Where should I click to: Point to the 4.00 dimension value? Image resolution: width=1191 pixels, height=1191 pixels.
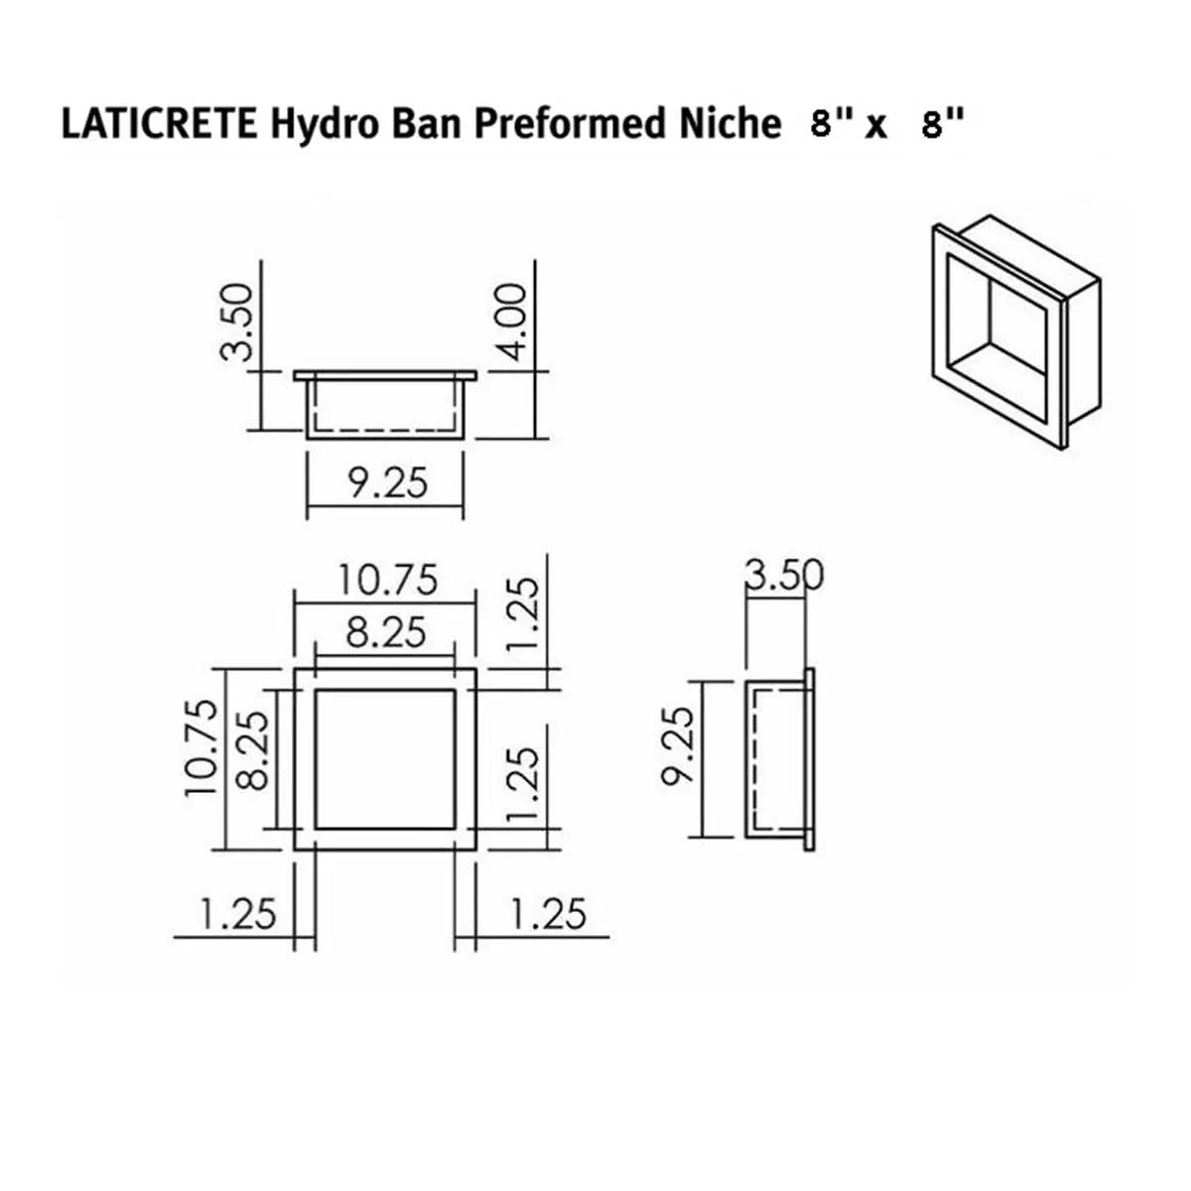[x=512, y=323]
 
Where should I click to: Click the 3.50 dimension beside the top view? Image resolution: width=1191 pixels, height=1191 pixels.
[x=238, y=323]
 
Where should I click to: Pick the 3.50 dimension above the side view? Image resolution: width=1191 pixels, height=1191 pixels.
[x=784, y=576]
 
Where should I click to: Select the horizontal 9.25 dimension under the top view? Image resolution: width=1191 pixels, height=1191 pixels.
[x=387, y=483]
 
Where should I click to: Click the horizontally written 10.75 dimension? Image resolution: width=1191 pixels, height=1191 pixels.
[x=387, y=580]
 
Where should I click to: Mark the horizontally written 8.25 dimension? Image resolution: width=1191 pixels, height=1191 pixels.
[x=385, y=632]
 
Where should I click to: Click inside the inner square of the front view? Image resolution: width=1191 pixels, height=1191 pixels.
[x=385, y=758]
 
